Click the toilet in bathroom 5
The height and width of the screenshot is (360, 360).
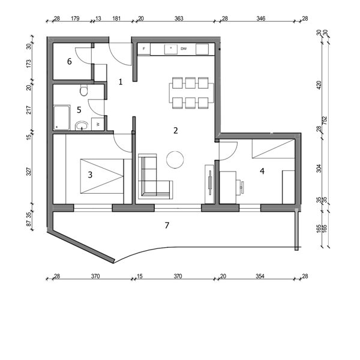pyautogui.click(x=84, y=90)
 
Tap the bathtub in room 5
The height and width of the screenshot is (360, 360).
pyautogui.click(x=62, y=118)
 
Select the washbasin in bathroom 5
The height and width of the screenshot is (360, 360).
pyautogui.click(x=82, y=125)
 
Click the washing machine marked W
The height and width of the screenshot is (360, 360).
pyautogui.click(x=98, y=124)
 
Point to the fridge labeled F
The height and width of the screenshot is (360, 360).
pyautogui.click(x=144, y=49)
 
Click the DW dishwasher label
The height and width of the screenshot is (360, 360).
pyautogui.click(x=184, y=49)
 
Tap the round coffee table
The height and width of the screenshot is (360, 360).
pyautogui.click(x=175, y=160)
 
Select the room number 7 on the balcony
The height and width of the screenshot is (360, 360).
pyautogui.click(x=167, y=226)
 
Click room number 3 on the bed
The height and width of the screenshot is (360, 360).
pyautogui.click(x=90, y=175)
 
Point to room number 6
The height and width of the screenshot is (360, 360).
pyautogui.click(x=70, y=62)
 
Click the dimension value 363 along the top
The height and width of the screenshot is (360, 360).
pyautogui.click(x=179, y=19)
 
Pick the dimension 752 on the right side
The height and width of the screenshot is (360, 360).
pyautogui.click(x=325, y=121)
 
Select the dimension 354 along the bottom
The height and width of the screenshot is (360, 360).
pyautogui.click(x=260, y=276)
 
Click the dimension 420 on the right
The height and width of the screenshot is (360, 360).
pyautogui.click(x=319, y=85)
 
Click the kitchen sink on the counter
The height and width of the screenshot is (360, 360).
pyautogui.click(x=171, y=49)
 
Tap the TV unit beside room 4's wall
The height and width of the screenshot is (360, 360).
pyautogui.click(x=209, y=184)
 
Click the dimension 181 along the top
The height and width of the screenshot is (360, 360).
pyautogui.click(x=116, y=19)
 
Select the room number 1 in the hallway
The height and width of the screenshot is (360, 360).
pyautogui.click(x=121, y=82)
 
